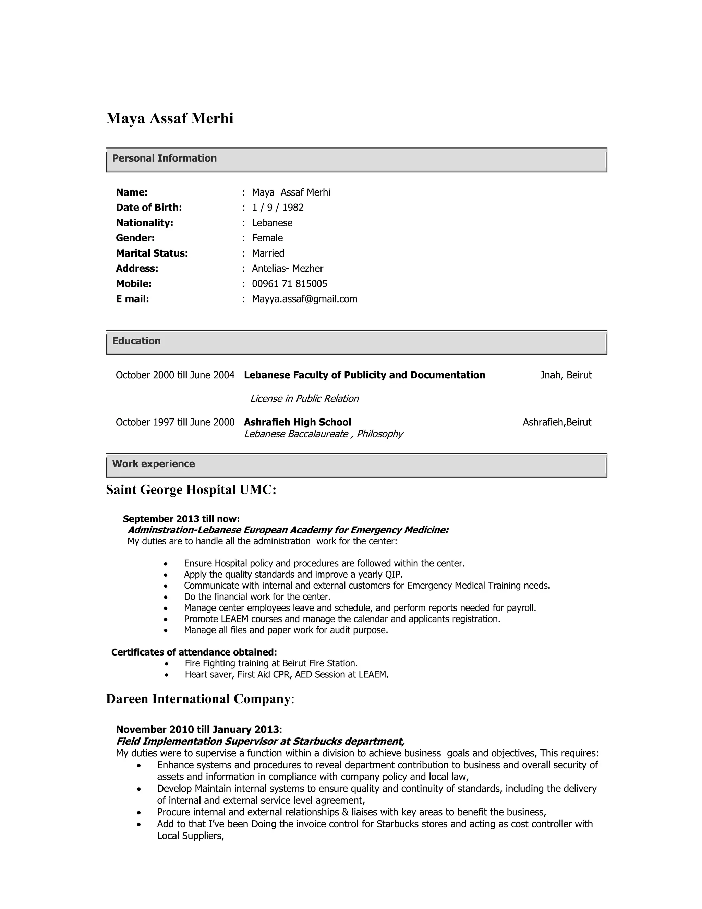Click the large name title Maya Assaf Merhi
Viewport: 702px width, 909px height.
170,119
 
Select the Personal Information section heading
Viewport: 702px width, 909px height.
164,158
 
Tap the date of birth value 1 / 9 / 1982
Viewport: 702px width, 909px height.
277,207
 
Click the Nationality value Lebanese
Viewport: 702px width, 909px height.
272,223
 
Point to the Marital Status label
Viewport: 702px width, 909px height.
152,253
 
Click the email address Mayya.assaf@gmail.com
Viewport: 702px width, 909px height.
304,299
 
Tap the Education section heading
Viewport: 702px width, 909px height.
136,341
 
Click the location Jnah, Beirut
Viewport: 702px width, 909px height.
566,375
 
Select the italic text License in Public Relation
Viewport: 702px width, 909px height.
304,399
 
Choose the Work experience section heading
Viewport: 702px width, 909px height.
154,464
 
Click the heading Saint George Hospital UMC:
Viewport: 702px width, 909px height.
191,490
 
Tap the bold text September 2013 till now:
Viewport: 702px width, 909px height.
181,519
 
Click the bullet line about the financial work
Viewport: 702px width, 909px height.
257,597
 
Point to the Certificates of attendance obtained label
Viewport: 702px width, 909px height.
194,652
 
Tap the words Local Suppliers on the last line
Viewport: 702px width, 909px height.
190,836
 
